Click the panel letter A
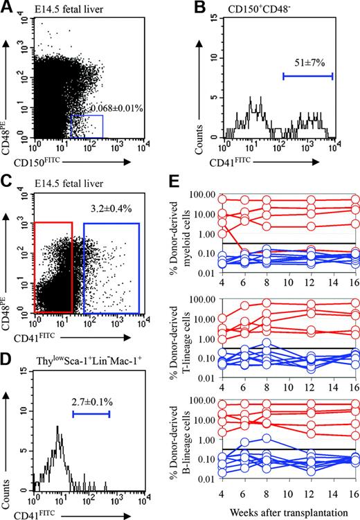(8, 8)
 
